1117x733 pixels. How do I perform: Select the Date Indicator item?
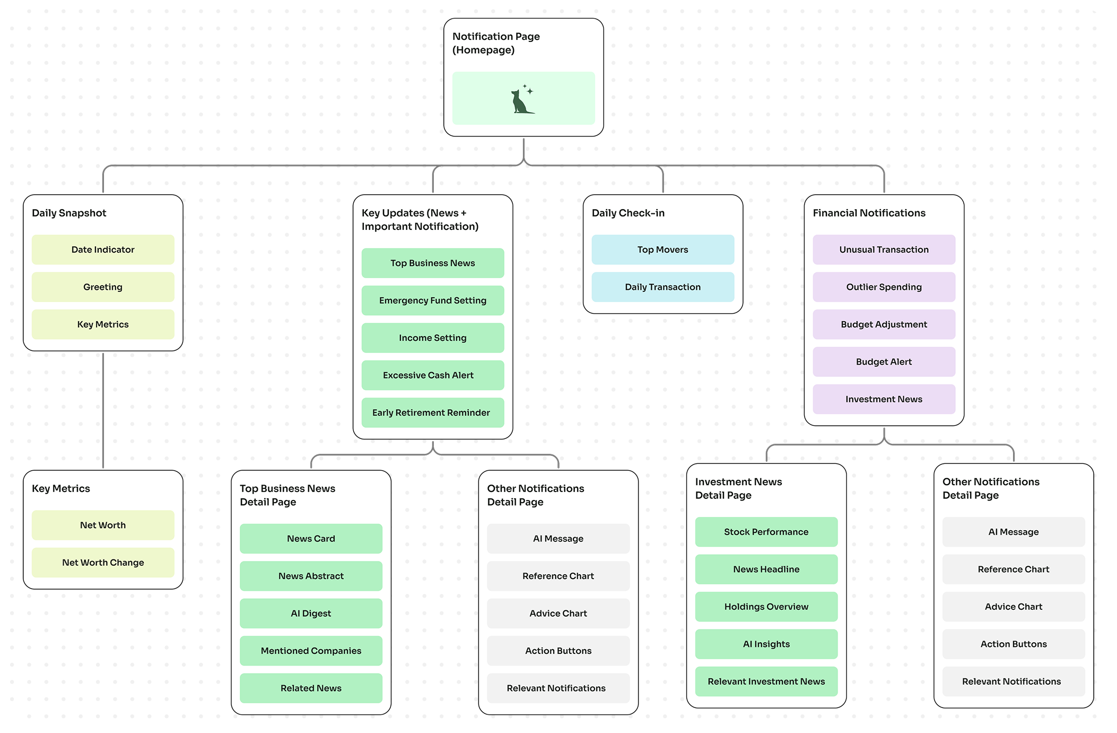(x=103, y=249)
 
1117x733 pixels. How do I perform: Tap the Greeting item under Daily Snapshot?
(x=103, y=287)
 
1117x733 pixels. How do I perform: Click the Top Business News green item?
(x=432, y=263)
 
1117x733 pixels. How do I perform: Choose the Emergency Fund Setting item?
(x=432, y=300)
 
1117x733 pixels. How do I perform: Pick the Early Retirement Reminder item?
(x=432, y=412)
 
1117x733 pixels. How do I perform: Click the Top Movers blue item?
(x=662, y=249)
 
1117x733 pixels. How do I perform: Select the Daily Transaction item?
(x=662, y=287)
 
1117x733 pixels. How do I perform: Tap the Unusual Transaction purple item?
(x=884, y=249)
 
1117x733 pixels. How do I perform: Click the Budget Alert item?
(x=884, y=362)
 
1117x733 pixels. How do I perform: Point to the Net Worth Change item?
(x=103, y=563)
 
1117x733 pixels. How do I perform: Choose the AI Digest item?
(x=311, y=614)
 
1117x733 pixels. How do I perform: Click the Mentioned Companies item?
(x=311, y=651)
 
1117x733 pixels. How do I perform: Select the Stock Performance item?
(x=766, y=532)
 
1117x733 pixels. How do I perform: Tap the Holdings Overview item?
(x=766, y=607)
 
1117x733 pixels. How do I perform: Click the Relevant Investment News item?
(x=766, y=682)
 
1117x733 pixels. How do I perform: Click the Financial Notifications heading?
(x=869, y=213)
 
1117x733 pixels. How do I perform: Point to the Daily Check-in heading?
(x=628, y=213)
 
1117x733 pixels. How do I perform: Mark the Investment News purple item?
(x=884, y=399)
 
